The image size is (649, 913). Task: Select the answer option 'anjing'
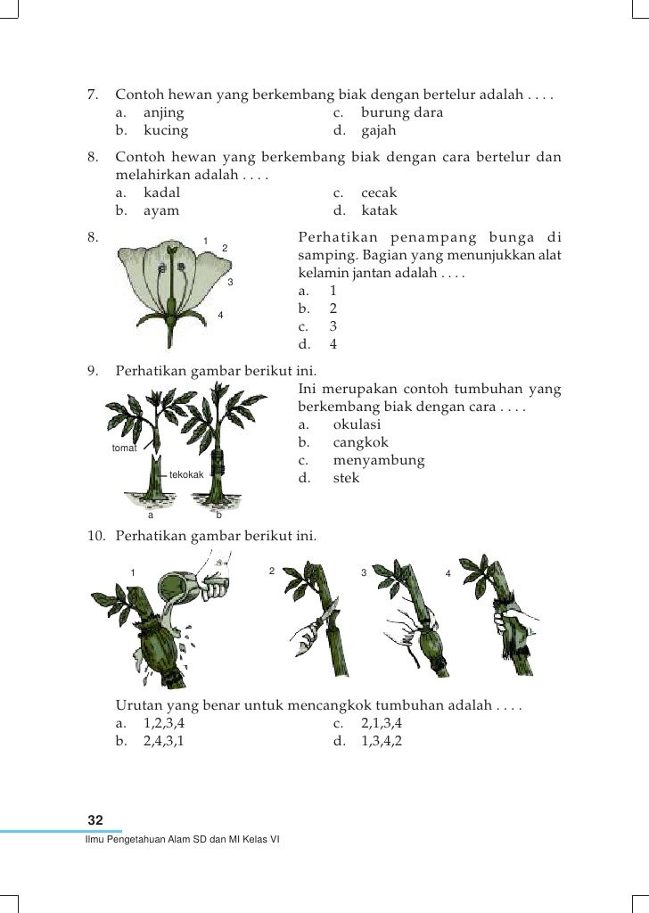pyautogui.click(x=163, y=113)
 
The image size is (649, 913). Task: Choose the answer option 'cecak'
pyautogui.click(x=379, y=193)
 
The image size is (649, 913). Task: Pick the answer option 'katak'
pyautogui.click(x=379, y=211)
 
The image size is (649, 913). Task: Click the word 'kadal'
pyautogui.click(x=161, y=193)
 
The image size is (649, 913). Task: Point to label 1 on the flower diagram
pyautogui.click(x=206, y=241)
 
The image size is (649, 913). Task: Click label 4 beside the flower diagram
pyautogui.click(x=220, y=316)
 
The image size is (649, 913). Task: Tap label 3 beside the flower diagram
pyautogui.click(x=230, y=283)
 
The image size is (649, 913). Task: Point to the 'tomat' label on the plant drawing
pyautogui.click(x=124, y=448)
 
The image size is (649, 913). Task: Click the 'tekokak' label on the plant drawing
pyautogui.click(x=186, y=474)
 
